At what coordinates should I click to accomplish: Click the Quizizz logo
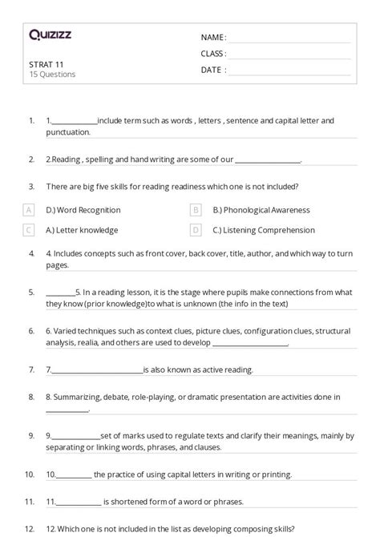click(51, 34)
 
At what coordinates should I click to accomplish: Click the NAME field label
click(213, 38)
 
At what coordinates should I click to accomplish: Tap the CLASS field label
click(213, 54)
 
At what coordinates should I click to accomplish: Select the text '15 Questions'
click(52, 75)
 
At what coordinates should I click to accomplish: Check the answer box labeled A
click(29, 210)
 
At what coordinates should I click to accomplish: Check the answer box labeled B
click(196, 210)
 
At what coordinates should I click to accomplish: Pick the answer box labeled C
click(29, 230)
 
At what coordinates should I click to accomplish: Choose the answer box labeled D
click(196, 230)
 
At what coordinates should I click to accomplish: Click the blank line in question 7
click(96, 370)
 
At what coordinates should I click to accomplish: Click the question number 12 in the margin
click(30, 528)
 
